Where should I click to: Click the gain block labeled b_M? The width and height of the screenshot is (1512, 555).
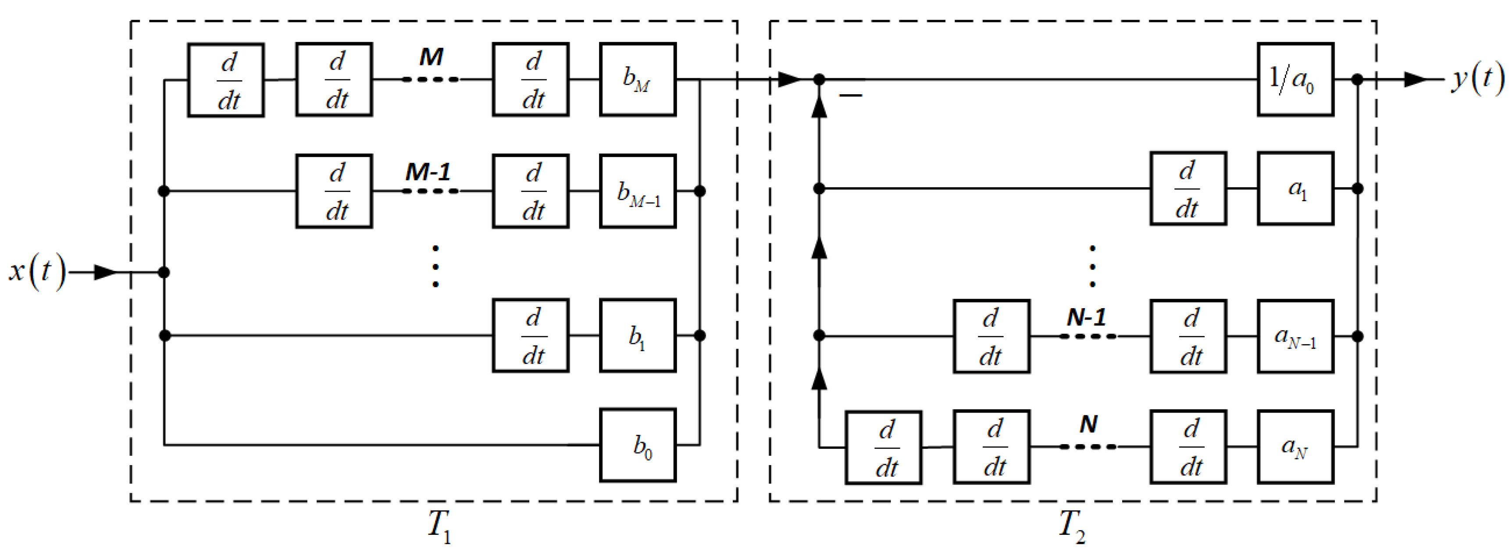coord(638,79)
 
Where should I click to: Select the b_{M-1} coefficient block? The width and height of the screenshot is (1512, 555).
coord(638,191)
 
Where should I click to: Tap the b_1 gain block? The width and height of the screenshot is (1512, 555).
coord(638,335)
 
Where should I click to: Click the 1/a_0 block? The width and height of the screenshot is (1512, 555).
coord(1295,79)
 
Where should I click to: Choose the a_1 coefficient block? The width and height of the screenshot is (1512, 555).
coord(1295,189)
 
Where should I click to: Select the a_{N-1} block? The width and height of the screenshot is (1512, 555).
coord(1295,336)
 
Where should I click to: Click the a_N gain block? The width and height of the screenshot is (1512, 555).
coord(1295,446)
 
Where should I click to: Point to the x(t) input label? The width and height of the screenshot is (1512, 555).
coord(36,272)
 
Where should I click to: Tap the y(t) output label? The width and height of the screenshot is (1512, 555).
coord(1477,79)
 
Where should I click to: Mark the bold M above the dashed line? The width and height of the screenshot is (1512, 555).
coord(431,57)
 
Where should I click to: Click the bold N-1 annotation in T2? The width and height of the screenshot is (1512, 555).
coord(1087,317)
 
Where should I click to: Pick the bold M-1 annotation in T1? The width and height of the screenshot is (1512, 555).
coord(428,172)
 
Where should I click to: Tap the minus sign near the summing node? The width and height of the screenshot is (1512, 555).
coord(851,95)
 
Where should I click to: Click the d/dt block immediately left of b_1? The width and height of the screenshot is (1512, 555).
coord(531,335)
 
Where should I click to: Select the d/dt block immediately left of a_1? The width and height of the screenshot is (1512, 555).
coord(1188,189)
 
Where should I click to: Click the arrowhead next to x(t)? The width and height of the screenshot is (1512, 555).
coord(106,272)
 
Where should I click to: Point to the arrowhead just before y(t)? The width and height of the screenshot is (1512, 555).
coord(1415,79)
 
